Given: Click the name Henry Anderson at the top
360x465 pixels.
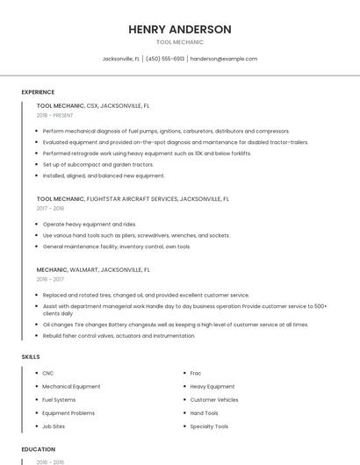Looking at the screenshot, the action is coord(179,30).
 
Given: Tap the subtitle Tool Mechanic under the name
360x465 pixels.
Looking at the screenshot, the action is coord(179,42).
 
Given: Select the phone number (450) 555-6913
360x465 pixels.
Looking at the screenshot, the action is coord(165,59).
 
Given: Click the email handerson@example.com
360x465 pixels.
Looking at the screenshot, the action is coord(224,59).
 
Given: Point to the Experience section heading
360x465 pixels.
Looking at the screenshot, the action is coord(38,92).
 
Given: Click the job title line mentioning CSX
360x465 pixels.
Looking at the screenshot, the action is coord(93,105).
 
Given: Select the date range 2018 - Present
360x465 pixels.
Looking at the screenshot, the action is coord(55,115).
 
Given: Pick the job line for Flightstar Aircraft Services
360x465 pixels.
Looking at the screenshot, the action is coord(133,199).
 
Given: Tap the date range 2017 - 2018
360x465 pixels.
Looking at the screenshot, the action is coord(50,209).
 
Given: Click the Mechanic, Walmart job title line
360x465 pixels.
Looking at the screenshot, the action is coord(93,270).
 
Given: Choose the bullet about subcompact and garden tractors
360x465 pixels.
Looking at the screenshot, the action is coord(97,164).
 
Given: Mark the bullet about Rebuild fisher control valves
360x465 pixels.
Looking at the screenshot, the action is coord(119,335).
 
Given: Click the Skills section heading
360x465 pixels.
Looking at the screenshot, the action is coord(31,357).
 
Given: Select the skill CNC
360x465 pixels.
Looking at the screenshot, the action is coord(48,373).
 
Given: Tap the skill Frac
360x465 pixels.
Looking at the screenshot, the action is coord(196,373).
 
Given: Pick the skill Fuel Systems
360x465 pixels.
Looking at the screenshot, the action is coord(59,399).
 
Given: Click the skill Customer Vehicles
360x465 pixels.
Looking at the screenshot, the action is coord(214,399).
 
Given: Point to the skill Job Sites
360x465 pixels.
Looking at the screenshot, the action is coord(54,426).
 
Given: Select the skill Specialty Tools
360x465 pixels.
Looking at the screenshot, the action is coord(209,426).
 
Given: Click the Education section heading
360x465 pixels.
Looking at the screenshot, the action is coord(38,449).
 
